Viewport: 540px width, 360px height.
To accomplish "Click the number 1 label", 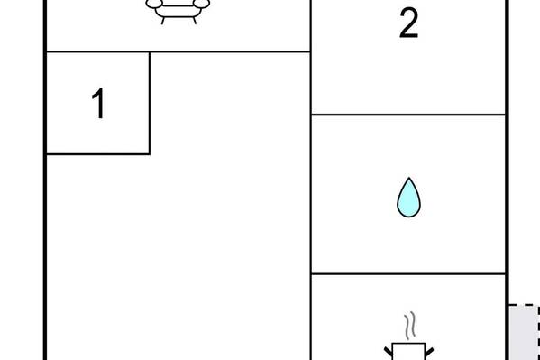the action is point(98,103).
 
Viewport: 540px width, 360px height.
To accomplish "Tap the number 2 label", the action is point(408,23).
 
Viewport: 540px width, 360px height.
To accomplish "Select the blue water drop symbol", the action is point(408,198).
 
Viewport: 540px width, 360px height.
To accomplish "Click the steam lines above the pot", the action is point(409,325).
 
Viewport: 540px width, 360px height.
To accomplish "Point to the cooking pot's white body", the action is point(408,351).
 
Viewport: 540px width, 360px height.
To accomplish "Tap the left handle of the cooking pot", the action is point(389,352).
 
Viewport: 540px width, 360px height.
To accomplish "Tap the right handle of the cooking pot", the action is point(429,352).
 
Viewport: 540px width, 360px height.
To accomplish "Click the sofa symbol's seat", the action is point(178,11).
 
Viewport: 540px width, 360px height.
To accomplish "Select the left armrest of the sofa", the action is point(153,4).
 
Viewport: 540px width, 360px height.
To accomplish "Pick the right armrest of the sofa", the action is point(201,4).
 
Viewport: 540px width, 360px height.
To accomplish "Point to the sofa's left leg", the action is point(163,21).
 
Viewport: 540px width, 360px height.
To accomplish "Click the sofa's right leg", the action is point(195,21).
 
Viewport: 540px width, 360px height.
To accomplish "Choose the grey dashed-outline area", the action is point(524,332).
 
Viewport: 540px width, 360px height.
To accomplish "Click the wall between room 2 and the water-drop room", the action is point(408,115).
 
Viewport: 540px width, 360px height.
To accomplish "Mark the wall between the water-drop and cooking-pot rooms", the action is point(408,273).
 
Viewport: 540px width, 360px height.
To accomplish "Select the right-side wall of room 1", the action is point(150,103).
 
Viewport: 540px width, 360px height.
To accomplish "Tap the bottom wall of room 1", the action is point(98,154).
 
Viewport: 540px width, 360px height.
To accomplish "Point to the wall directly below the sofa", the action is point(178,51).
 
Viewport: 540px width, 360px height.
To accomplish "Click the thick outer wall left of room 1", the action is point(45,103).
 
